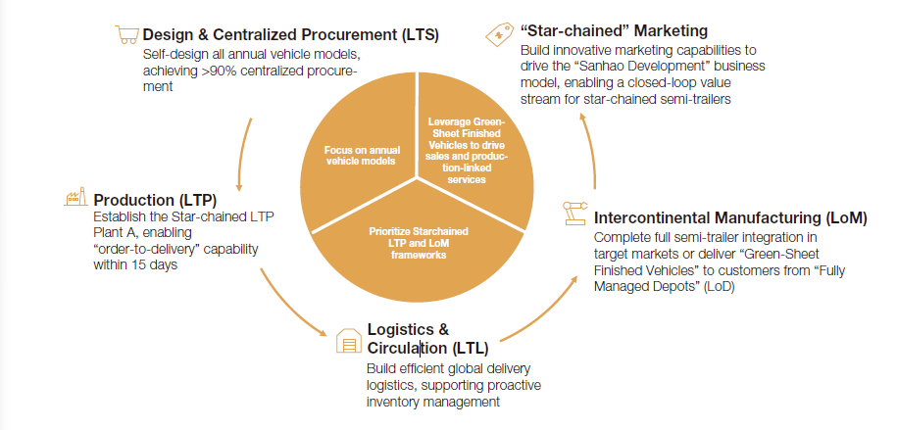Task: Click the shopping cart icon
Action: point(126,35)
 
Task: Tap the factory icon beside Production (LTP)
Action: point(75,197)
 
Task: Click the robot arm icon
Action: point(573,214)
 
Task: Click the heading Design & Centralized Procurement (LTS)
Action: point(290,36)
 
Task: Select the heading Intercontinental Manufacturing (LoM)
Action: point(730,217)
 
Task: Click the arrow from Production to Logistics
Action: point(290,304)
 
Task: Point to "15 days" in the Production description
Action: point(156,265)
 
